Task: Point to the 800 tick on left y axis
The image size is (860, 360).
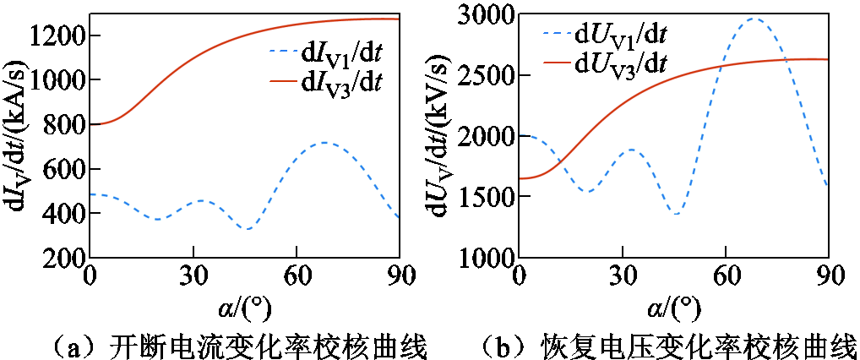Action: click(65, 125)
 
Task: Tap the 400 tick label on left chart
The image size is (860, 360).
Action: click(65, 215)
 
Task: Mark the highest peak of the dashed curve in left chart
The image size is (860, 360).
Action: click(324, 143)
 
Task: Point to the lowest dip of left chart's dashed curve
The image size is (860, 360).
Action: click(247, 228)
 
